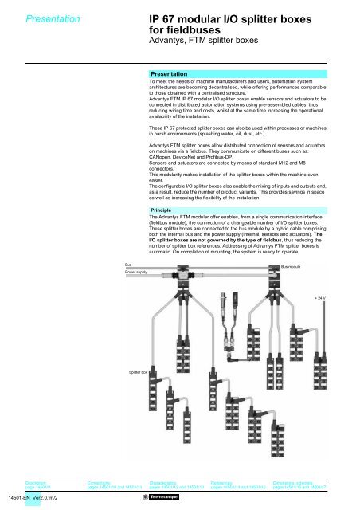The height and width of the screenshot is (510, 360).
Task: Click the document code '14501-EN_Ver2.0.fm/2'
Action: pyautogui.click(x=37, y=497)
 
